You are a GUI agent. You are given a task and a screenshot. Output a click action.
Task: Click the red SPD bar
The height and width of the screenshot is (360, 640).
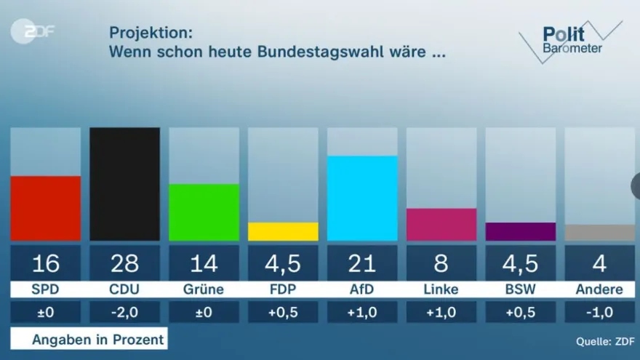pos(45,208)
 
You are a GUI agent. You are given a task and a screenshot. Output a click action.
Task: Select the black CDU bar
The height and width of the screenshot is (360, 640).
pos(124,184)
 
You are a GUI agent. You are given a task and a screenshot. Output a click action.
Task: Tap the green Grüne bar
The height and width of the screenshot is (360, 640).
pos(204,212)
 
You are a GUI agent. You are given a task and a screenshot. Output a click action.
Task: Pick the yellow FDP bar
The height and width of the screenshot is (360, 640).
pos(283,231)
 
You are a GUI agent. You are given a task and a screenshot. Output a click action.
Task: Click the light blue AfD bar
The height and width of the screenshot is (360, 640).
pos(362,198)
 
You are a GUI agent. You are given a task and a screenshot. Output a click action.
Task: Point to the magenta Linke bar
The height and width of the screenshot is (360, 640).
pos(441,224)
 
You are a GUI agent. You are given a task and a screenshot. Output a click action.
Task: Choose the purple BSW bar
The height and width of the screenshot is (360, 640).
pos(521,231)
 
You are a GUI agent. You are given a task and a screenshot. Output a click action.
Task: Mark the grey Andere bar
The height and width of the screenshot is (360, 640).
pos(600,233)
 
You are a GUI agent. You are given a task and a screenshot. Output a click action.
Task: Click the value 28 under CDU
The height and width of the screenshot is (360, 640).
pos(124,263)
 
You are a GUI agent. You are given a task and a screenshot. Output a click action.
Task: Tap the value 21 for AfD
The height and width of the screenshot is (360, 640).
pos(362,263)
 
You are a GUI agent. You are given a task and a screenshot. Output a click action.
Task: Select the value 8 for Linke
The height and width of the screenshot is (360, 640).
pos(441,263)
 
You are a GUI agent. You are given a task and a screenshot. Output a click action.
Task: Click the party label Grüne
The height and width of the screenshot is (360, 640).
pos(204,289)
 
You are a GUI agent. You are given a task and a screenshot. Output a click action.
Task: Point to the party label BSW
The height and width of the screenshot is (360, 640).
pos(521,289)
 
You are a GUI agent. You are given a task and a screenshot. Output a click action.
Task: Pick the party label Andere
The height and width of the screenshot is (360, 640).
pos(599,289)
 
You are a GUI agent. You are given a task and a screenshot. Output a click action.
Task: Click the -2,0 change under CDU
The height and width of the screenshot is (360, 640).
pos(124,313)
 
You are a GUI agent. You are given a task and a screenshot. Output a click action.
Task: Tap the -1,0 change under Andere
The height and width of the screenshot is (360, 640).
pos(600,313)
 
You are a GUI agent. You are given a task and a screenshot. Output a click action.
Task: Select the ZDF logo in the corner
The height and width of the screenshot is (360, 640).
pos(33,31)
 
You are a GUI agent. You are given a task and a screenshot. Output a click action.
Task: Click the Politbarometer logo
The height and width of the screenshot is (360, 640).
pos(572,40)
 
